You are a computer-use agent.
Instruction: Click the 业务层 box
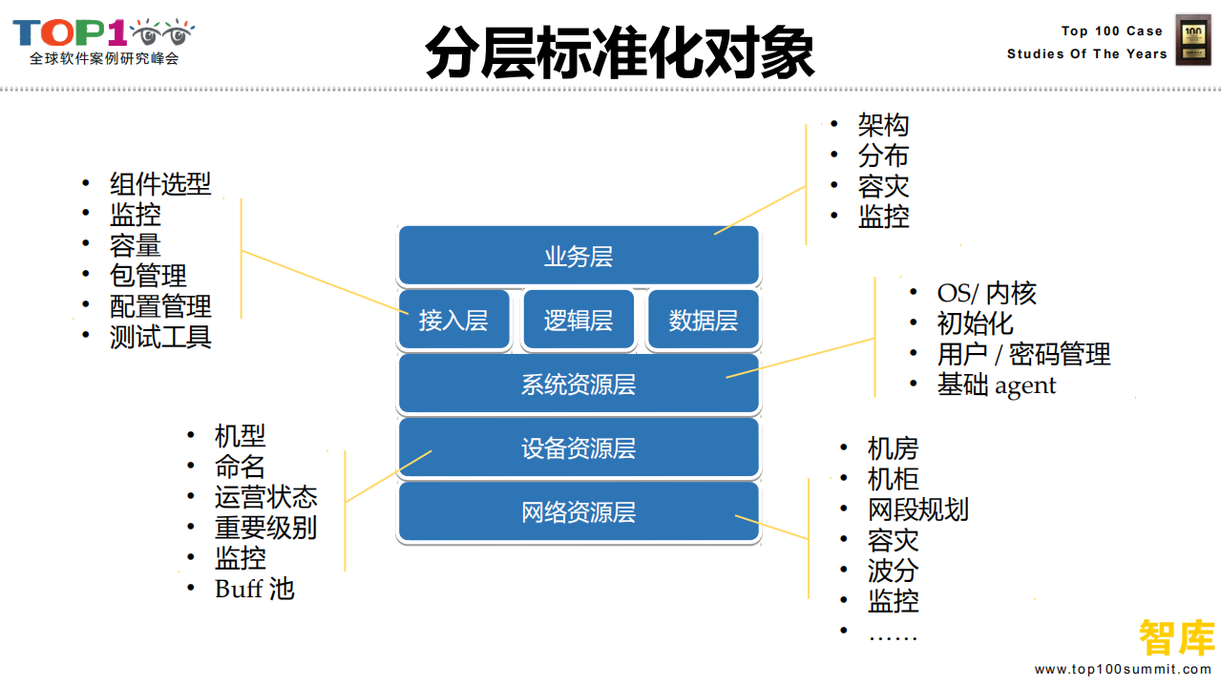click(x=579, y=256)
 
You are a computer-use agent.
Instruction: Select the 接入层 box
click(x=453, y=321)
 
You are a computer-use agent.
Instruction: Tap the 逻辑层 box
click(x=579, y=321)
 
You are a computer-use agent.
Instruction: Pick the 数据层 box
click(x=703, y=321)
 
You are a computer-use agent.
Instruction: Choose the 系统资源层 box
click(x=579, y=385)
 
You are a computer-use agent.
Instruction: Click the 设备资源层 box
click(x=579, y=448)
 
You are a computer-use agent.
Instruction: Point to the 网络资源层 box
click(x=579, y=512)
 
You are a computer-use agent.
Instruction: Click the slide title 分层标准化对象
click(x=620, y=52)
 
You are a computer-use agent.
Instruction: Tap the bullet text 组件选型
click(x=160, y=184)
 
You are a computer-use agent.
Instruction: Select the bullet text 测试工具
click(x=160, y=337)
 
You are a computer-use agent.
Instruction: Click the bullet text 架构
click(x=883, y=125)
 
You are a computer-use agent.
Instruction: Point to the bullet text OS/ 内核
click(x=986, y=293)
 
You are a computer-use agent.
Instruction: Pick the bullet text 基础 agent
click(x=997, y=385)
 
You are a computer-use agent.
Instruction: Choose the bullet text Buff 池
click(x=254, y=589)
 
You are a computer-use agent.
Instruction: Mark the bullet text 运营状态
click(x=265, y=497)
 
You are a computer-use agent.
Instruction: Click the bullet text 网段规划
click(x=917, y=509)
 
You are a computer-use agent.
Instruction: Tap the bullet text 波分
click(x=893, y=571)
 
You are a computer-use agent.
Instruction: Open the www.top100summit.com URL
click(x=1123, y=670)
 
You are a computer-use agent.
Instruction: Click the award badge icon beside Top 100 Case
click(x=1192, y=40)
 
